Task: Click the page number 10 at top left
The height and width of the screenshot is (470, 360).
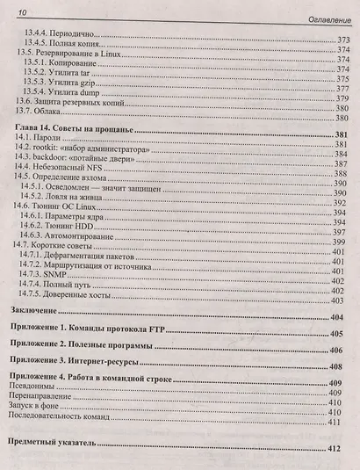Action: pyautogui.click(x=21, y=11)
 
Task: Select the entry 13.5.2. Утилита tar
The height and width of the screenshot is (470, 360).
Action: pyautogui.click(x=61, y=74)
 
